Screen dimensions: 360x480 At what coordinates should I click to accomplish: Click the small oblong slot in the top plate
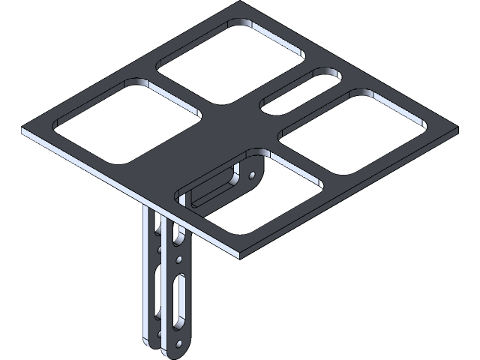pos(300,91)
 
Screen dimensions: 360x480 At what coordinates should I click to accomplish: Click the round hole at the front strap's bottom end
pos(181,343)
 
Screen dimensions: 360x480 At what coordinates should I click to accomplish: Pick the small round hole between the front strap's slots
pos(179,260)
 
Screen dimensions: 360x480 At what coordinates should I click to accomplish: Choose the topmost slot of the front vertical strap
pos(179,236)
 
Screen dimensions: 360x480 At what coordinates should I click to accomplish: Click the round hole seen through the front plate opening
pos(253,176)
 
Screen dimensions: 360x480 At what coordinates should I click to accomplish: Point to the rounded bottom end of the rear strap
pos(147,341)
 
